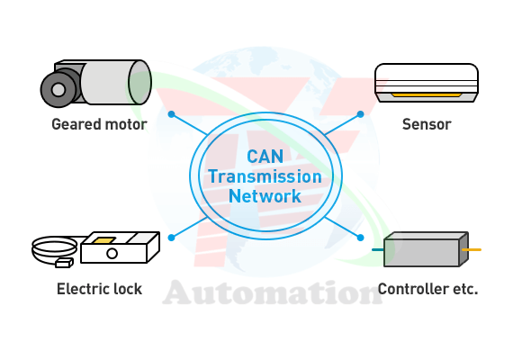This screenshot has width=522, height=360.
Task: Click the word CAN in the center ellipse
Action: [265, 157]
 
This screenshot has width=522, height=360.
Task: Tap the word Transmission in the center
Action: [265, 176]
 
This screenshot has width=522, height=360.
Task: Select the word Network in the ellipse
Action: [265, 196]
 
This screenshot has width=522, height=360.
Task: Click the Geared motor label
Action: [99, 124]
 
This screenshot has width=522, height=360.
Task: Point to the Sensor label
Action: [427, 124]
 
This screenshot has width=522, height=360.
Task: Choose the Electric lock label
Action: [99, 289]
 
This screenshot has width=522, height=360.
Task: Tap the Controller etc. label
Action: [427, 289]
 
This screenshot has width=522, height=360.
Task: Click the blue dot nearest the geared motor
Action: [171, 114]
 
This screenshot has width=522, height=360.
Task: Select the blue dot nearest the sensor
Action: [360, 114]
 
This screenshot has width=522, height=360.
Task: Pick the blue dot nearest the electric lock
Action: [171, 238]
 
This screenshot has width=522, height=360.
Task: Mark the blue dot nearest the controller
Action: [360, 238]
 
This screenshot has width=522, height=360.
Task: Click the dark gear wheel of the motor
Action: [58, 90]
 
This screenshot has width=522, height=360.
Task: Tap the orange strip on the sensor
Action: [427, 95]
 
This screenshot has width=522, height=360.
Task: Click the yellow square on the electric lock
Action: [103, 240]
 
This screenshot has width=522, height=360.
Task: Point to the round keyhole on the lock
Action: [112, 254]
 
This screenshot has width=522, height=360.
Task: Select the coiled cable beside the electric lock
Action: [54, 251]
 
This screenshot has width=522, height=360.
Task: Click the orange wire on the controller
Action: [472, 249]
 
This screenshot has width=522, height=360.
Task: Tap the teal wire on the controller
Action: [378, 249]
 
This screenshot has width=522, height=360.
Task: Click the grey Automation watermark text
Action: [273, 292]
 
